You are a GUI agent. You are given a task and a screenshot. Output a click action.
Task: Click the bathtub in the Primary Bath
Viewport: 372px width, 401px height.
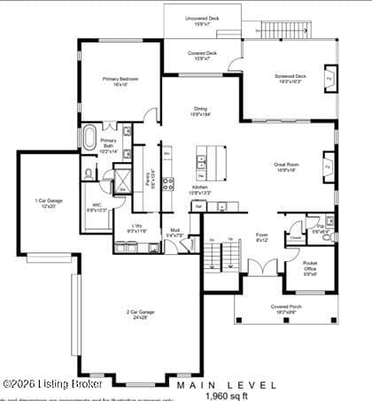tap(90, 139)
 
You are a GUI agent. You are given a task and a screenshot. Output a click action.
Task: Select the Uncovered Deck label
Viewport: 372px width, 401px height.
tap(202, 19)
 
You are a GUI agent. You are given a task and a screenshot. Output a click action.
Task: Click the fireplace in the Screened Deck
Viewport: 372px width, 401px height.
tap(328, 78)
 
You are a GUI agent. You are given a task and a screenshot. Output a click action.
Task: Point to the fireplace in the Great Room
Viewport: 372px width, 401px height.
tap(329, 166)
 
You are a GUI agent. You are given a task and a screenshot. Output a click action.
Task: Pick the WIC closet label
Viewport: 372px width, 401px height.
tap(97, 208)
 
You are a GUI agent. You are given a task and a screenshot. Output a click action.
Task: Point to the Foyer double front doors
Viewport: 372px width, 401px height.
tap(260, 266)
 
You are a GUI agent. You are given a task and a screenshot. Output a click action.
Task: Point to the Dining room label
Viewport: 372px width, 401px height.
tap(200, 112)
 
